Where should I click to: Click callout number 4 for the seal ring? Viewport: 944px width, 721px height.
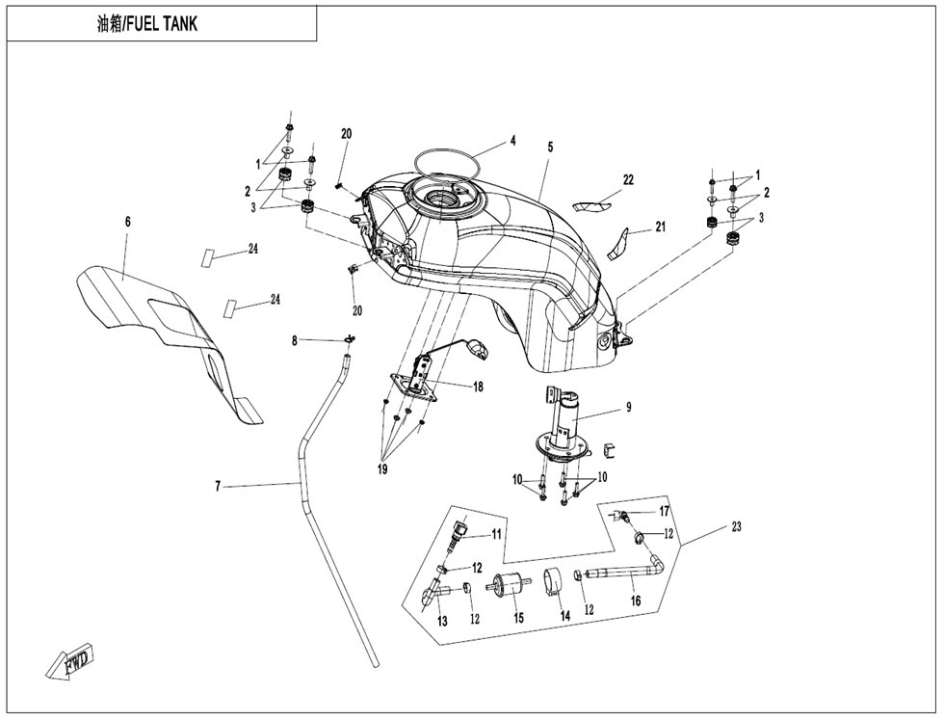coord(512,141)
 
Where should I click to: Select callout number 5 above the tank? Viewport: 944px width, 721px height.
coord(550,147)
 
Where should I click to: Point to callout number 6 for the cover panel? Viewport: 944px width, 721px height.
coord(127,222)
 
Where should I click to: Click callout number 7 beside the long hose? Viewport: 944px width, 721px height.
coord(219,486)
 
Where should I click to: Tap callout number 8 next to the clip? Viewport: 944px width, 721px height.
coord(295,341)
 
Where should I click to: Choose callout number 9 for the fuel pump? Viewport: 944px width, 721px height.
coord(628,407)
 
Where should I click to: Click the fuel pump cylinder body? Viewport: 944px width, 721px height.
coord(565,418)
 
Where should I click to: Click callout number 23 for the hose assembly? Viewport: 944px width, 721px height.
coord(736,527)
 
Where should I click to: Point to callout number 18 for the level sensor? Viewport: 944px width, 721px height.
coord(478,387)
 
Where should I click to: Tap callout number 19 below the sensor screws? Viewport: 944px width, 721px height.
coord(382,469)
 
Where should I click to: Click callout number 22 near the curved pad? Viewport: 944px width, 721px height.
coord(628,180)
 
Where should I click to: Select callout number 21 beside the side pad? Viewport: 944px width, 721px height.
coord(661,227)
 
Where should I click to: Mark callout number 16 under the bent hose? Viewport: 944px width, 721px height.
coord(636,601)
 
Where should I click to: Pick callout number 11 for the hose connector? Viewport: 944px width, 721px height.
coord(496,534)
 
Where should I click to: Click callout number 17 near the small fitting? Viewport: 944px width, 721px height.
coord(664,512)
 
